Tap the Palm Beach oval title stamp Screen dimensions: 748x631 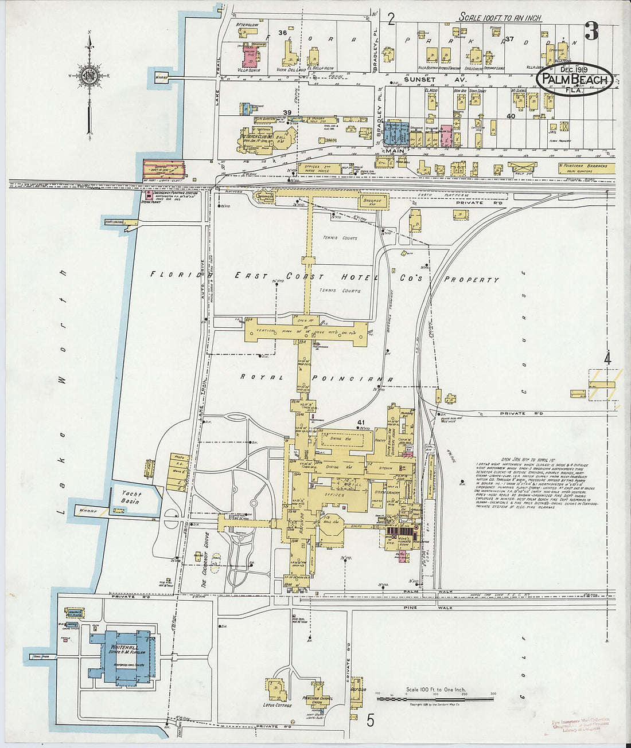tap(574, 80)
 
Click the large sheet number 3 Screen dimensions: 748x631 tap(591, 31)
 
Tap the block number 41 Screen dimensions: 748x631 tap(361, 423)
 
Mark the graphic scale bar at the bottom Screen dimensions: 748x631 tap(436, 698)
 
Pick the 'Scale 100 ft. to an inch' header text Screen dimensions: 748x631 tap(499, 18)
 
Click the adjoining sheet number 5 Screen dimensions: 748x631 tap(371, 718)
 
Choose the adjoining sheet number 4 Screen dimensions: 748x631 tap(607, 360)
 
